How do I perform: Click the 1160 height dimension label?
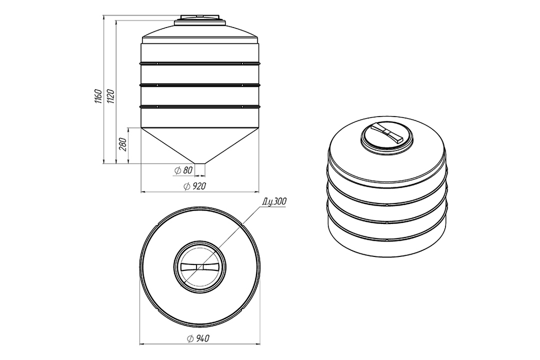coord(98,97)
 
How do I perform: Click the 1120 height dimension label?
coord(110,97)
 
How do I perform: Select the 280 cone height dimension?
coord(123,144)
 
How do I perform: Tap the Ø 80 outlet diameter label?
coord(184,171)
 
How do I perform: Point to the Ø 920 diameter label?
coord(195,187)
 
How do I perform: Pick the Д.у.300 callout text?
coord(274,202)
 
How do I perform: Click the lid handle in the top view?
coord(200,267)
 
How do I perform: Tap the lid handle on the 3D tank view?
coord(387,133)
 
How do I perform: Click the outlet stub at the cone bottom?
coord(200,168)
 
